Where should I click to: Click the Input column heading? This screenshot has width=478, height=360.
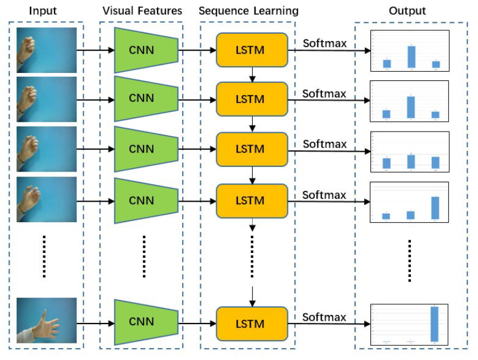click(x=43, y=10)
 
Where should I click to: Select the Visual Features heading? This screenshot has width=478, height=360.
click(x=142, y=10)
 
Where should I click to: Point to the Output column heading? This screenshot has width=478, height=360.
click(x=407, y=10)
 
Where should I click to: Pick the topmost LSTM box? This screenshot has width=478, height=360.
click(x=250, y=50)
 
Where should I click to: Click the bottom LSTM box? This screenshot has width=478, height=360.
click(x=250, y=324)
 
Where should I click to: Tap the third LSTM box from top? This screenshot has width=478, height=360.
click(x=250, y=149)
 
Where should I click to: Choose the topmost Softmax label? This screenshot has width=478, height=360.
click(x=324, y=43)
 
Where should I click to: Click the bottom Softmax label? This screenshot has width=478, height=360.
click(x=324, y=317)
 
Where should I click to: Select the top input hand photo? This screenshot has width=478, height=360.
click(x=46, y=50)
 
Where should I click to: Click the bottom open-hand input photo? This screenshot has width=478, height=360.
click(x=46, y=322)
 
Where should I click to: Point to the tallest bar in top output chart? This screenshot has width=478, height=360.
click(x=411, y=57)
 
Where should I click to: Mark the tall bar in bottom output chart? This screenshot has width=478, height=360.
click(x=435, y=324)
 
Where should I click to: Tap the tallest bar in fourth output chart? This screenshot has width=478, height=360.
click(x=435, y=208)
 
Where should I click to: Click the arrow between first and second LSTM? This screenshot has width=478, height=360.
click(x=250, y=74)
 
